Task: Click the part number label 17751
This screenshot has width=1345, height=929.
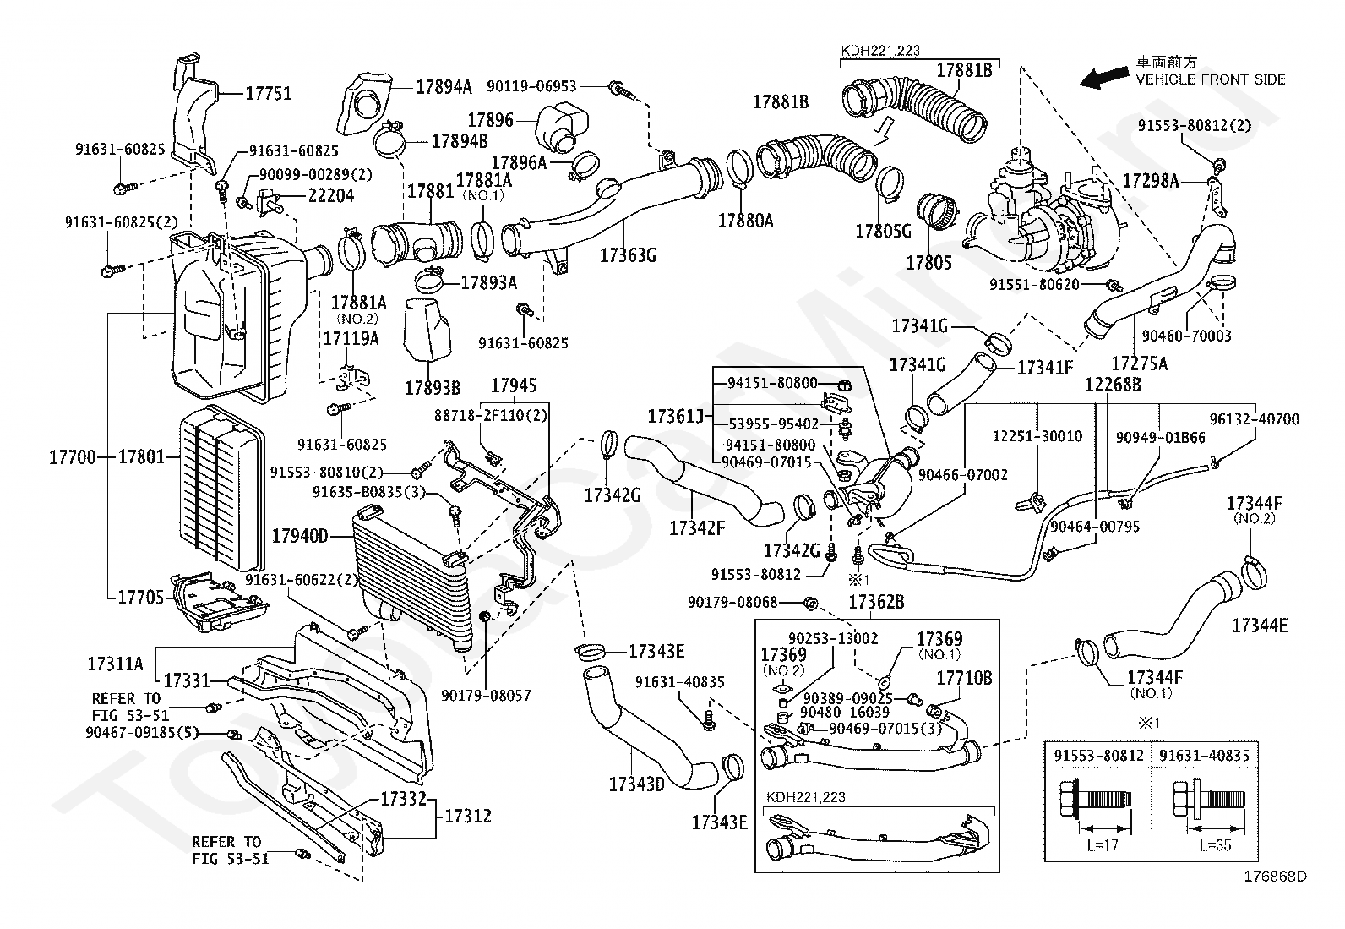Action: click(x=269, y=94)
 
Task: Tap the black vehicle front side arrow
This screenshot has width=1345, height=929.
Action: click(x=1103, y=78)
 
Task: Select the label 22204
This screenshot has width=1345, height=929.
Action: click(x=331, y=196)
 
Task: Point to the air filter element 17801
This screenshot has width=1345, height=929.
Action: click(x=221, y=489)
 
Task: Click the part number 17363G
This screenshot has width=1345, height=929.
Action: click(x=628, y=255)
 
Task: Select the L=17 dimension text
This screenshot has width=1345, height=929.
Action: click(x=1103, y=845)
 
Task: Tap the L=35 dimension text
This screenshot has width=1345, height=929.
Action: click(x=1215, y=845)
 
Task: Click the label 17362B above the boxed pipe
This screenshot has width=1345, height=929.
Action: click(x=876, y=602)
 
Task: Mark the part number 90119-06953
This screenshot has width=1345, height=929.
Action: click(x=531, y=86)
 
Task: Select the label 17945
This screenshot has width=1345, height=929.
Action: click(x=514, y=385)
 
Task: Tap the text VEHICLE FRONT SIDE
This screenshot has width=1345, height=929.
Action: click(x=1211, y=80)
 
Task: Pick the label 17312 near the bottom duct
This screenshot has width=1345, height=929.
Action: click(x=468, y=816)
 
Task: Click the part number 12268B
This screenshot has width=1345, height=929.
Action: click(x=1113, y=385)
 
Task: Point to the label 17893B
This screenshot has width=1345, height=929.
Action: click(x=433, y=388)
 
